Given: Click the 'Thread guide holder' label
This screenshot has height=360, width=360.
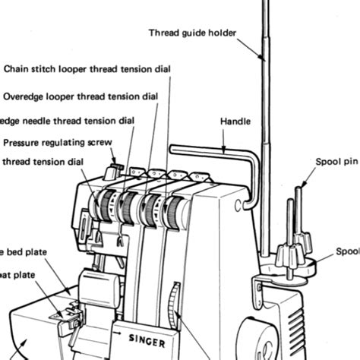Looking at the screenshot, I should (x=192, y=33).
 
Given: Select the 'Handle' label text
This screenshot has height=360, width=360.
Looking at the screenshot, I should (x=235, y=121).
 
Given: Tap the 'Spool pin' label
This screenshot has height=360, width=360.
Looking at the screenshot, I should (x=336, y=161).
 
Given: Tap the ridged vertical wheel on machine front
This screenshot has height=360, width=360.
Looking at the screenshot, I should (x=175, y=304).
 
